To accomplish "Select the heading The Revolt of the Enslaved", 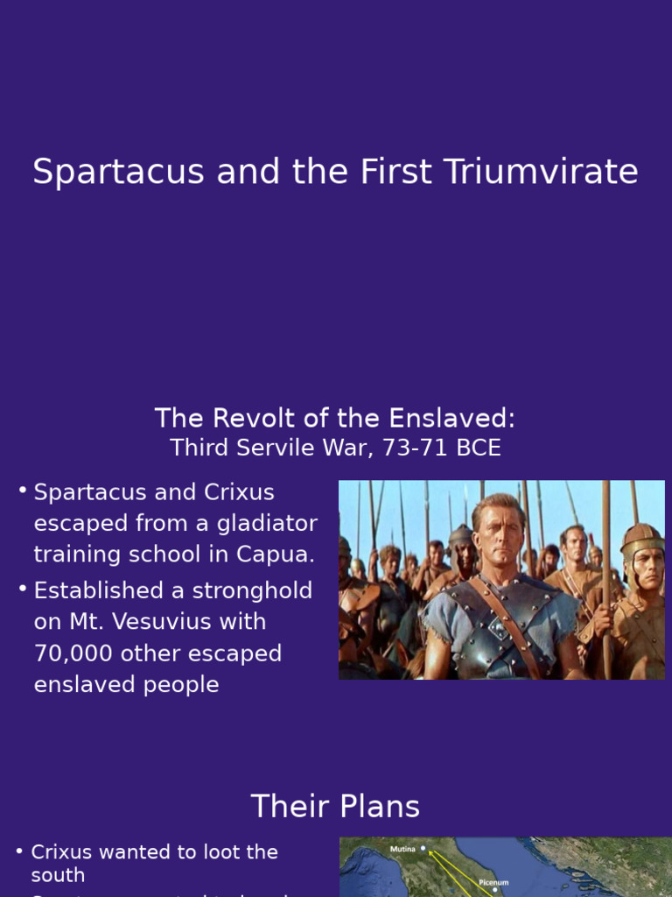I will coord(335,418).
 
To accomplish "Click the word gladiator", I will coord(262,524).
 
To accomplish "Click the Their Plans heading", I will coord(335,807).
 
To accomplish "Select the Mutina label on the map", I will coord(402,849).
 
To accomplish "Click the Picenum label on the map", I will coord(493,883).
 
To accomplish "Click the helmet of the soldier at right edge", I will coord(643,537).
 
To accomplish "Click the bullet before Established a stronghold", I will coord(23,589).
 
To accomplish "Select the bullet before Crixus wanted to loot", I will coord(19,851).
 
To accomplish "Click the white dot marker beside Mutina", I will coord(423,849).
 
